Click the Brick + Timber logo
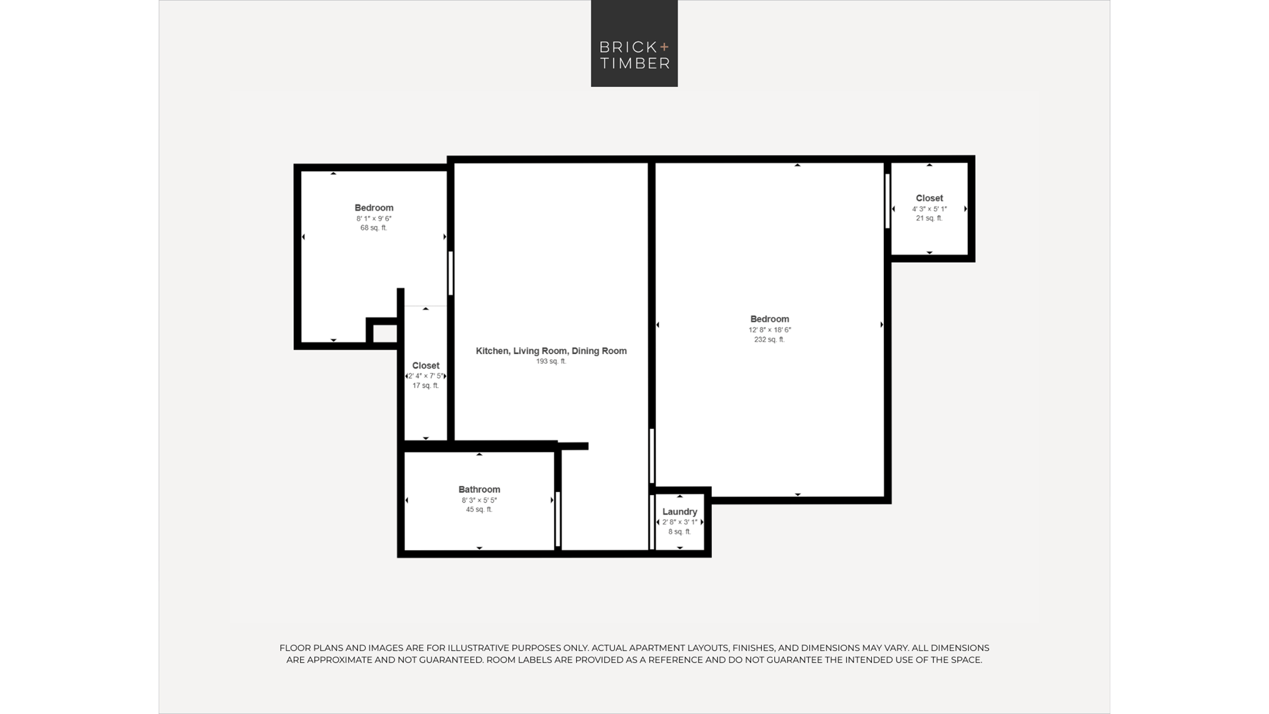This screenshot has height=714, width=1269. [x=634, y=43]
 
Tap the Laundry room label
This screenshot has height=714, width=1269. [x=680, y=512]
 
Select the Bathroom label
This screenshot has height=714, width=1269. [x=479, y=489]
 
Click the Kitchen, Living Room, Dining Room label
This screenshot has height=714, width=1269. [x=551, y=351]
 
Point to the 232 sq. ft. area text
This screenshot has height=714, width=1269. [x=770, y=340]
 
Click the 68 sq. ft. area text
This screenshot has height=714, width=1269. [x=374, y=228]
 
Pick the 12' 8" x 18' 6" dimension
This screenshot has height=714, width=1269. [x=770, y=330]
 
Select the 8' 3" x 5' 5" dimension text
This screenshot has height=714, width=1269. [x=479, y=500]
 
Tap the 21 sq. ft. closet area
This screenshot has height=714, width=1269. [x=930, y=218]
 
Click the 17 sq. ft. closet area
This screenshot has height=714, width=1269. [x=426, y=386]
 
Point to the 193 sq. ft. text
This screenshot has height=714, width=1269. [x=551, y=362]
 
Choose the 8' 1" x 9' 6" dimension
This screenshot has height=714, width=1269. [x=374, y=218]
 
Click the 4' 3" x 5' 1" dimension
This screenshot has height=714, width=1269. [x=930, y=209]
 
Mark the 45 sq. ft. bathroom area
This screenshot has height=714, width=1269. [x=479, y=510]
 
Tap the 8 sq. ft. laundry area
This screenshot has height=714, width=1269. [x=680, y=532]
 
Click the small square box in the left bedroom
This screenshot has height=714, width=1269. [x=383, y=331]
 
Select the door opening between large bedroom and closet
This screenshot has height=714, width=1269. [x=888, y=201]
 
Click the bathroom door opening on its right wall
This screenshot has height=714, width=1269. [x=558, y=519]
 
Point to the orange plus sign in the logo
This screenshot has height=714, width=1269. [x=664, y=46]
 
